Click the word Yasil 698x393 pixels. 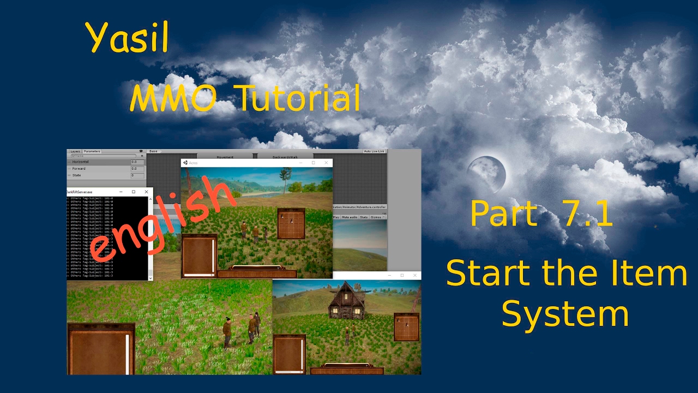(127, 38)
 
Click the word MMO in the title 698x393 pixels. (173, 99)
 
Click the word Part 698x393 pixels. (503, 214)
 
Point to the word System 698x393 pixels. (565, 315)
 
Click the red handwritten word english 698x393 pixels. (164, 218)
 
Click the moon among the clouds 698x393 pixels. (487, 174)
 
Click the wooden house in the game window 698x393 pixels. (347, 302)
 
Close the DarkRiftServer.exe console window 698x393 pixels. (146, 192)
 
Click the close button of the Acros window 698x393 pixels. (326, 163)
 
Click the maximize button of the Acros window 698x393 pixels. (313, 163)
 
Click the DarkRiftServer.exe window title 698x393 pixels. (80, 192)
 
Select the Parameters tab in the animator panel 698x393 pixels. (92, 151)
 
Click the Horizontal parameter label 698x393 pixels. (80, 162)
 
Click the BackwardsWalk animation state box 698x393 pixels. (278, 157)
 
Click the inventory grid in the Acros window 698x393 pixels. (291, 223)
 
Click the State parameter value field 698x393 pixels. (137, 175)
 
